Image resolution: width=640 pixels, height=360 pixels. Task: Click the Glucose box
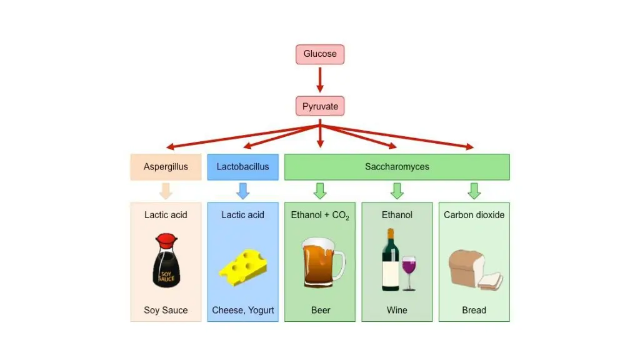point(320,54)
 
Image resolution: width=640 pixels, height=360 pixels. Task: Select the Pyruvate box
point(320,106)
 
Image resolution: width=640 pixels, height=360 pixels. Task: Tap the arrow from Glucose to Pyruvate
point(320,79)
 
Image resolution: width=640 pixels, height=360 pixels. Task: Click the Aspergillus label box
point(166,167)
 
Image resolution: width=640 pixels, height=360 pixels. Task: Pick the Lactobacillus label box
point(243,167)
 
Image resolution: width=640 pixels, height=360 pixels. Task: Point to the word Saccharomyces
point(397,166)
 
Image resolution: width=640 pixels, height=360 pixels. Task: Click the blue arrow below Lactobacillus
point(243,191)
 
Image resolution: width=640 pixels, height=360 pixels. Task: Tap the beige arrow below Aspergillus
point(166,191)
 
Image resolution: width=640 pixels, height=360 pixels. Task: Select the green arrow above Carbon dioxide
point(474,191)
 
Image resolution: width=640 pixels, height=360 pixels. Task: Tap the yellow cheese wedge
point(243,267)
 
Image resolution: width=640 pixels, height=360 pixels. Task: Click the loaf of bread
point(476,270)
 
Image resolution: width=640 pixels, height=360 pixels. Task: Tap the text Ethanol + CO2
point(320,216)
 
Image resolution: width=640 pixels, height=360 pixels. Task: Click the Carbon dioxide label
point(474,215)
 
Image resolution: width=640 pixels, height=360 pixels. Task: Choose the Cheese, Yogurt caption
point(243,310)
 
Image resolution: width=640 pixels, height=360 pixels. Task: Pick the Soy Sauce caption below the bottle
point(166,310)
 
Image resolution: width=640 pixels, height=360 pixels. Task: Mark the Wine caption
point(397,310)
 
